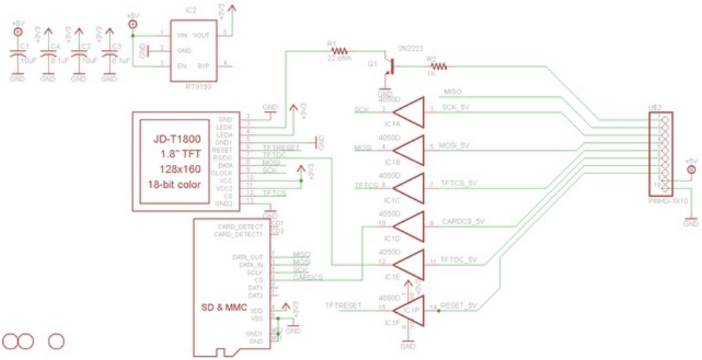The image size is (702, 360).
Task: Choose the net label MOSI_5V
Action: [x=455, y=145]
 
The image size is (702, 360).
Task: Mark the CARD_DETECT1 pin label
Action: [x=235, y=234]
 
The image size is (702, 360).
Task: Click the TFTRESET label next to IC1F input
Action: [x=343, y=306]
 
